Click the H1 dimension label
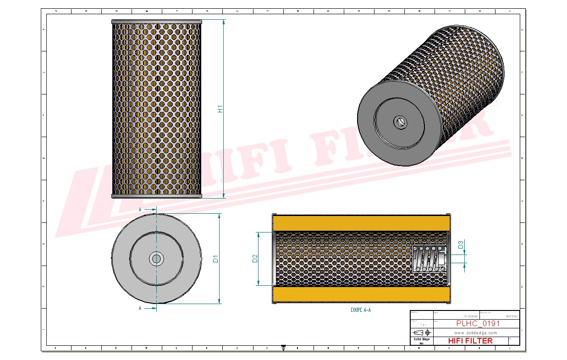(220, 110)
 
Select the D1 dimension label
(215, 259)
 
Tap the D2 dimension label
(255, 259)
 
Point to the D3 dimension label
(461, 245)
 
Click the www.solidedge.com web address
(476, 332)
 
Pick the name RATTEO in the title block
(511, 316)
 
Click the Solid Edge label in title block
(421, 339)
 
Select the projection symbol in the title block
(421, 332)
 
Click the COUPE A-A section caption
(360, 310)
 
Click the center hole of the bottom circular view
(156, 259)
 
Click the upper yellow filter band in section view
(360, 223)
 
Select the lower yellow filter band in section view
(360, 294)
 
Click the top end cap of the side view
(156, 21)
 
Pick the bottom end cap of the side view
(156, 196)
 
